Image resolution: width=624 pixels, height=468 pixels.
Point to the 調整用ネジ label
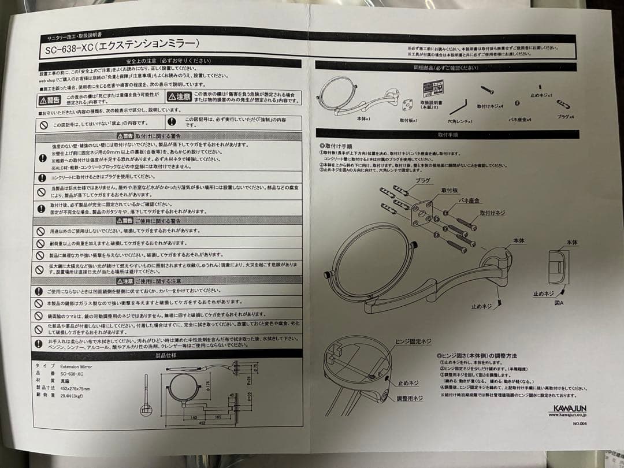[x=410, y=399]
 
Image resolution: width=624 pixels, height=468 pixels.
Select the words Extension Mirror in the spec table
[x=76, y=366]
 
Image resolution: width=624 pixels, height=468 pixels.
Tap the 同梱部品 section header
[x=445, y=68]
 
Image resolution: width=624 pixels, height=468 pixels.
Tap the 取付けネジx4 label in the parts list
[x=491, y=106]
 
